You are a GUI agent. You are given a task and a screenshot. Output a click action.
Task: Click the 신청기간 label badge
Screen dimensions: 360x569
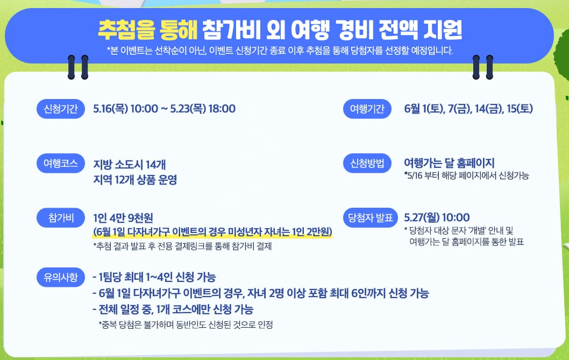pyautogui.click(x=60, y=109)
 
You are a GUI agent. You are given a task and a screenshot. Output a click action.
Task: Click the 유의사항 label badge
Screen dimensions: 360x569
pyautogui.click(x=60, y=278)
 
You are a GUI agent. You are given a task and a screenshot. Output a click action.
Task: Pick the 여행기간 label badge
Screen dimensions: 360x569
pyautogui.click(x=367, y=109)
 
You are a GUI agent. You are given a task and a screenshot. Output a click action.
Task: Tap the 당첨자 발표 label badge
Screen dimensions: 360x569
pyautogui.click(x=370, y=217)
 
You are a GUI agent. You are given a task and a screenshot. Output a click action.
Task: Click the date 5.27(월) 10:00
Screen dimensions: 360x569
pyautogui.click(x=437, y=217)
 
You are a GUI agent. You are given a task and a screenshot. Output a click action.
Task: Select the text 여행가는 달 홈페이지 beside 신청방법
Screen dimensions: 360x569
pyautogui.click(x=449, y=163)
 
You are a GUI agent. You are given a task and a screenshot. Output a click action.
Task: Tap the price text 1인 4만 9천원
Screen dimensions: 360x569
pyautogui.click(x=123, y=217)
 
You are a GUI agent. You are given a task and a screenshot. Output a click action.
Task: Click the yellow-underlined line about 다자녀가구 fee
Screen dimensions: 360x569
pyautogui.click(x=212, y=232)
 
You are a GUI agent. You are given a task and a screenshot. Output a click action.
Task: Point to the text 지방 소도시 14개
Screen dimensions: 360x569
pyautogui.click(x=126, y=164)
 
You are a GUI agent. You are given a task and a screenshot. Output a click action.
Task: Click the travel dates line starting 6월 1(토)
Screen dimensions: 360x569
pyautogui.click(x=468, y=109)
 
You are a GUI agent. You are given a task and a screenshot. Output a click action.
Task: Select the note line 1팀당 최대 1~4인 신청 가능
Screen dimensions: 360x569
pyautogui.click(x=154, y=278)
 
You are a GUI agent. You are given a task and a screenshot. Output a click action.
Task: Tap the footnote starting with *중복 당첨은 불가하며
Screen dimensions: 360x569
pyautogui.click(x=186, y=324)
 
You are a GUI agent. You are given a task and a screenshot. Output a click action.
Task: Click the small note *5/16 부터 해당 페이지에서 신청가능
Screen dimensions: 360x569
pyautogui.click(x=466, y=176)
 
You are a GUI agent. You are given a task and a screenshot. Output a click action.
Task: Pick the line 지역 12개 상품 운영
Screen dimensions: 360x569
pyautogui.click(x=135, y=179)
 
